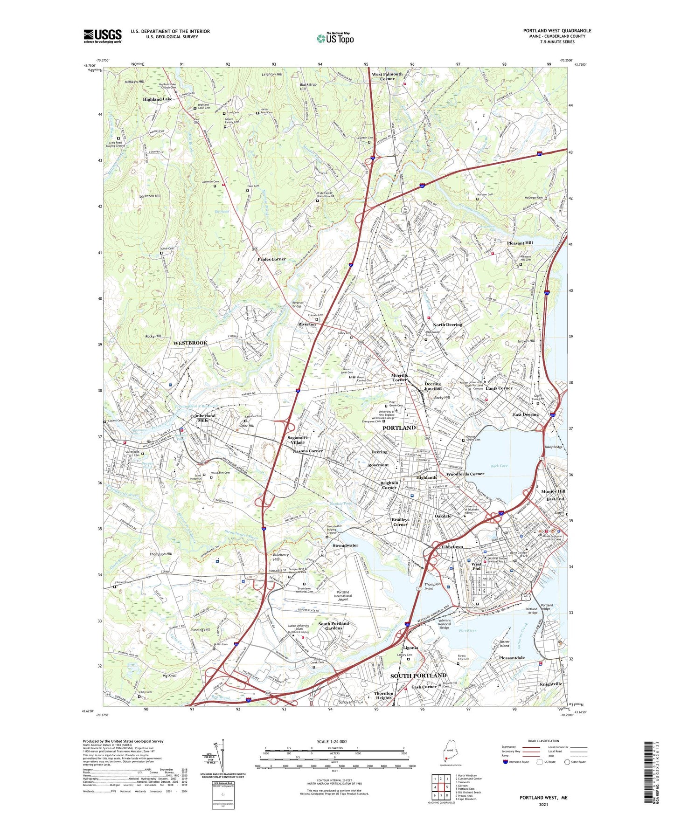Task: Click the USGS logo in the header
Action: coord(102,36)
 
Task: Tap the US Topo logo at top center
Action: coord(335,38)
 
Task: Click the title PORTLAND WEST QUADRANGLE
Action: coord(557,31)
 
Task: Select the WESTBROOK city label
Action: coord(190,343)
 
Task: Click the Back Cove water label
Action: coord(499,466)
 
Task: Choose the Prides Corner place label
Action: coord(271,259)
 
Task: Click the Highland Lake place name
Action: coord(157,99)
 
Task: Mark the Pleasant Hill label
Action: coord(520,243)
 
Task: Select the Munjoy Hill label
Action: coord(553,491)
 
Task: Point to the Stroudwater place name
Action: coord(345,545)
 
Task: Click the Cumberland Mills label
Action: coord(203,418)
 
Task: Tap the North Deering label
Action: coord(447,324)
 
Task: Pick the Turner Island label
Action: coord(504,644)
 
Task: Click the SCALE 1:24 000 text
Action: coord(332,742)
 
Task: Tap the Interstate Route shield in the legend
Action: coord(506,762)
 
